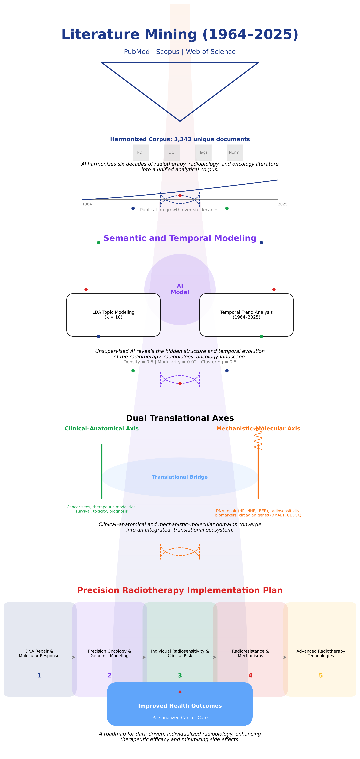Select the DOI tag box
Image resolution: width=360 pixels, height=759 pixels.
(172, 152)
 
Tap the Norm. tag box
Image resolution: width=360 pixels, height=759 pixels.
(235, 152)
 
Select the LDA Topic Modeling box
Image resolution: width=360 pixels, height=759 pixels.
(113, 315)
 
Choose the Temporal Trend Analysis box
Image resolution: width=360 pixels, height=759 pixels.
(246, 315)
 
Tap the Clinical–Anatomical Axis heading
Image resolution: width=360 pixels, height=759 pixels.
(102, 428)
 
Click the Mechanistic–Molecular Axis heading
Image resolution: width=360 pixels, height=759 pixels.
(258, 428)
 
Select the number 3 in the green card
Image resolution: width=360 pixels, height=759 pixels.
(180, 675)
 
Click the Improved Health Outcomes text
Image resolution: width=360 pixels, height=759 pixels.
(180, 706)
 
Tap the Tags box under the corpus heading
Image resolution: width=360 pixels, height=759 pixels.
(203, 152)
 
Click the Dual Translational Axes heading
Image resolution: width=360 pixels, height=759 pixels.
(180, 418)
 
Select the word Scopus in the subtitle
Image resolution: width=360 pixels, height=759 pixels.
(168, 52)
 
